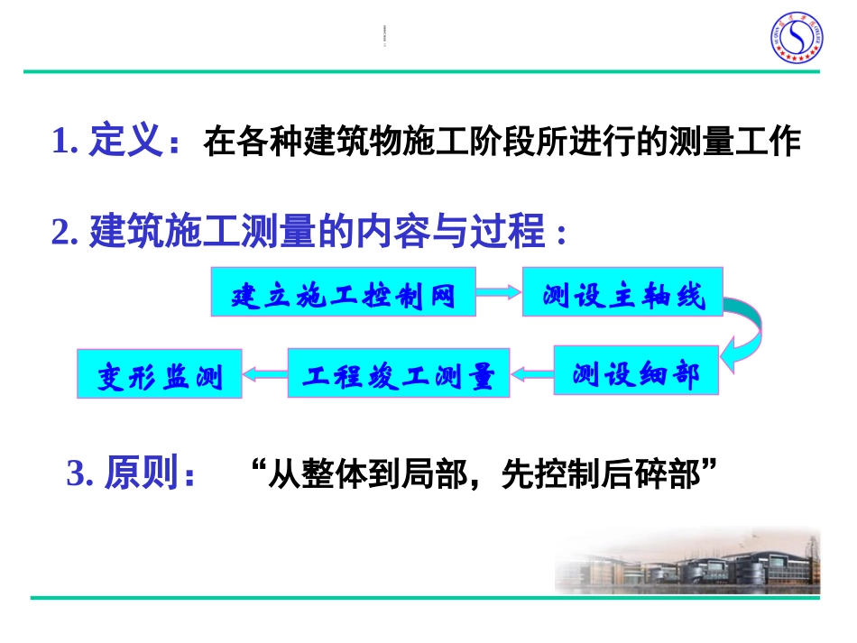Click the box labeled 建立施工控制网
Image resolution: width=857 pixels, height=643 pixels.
343,291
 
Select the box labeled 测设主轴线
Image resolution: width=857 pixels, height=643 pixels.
622,291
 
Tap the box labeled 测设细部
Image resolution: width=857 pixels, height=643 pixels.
636,370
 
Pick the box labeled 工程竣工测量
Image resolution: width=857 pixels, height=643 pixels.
398,372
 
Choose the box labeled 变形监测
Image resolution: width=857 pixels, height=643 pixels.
160,372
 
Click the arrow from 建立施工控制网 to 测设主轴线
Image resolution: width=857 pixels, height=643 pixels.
499,291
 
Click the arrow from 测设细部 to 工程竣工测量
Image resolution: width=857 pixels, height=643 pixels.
531,371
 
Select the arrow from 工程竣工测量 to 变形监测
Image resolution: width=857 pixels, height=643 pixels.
265,372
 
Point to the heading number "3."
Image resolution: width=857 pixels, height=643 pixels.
81,473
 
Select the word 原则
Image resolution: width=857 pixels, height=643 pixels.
141,473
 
